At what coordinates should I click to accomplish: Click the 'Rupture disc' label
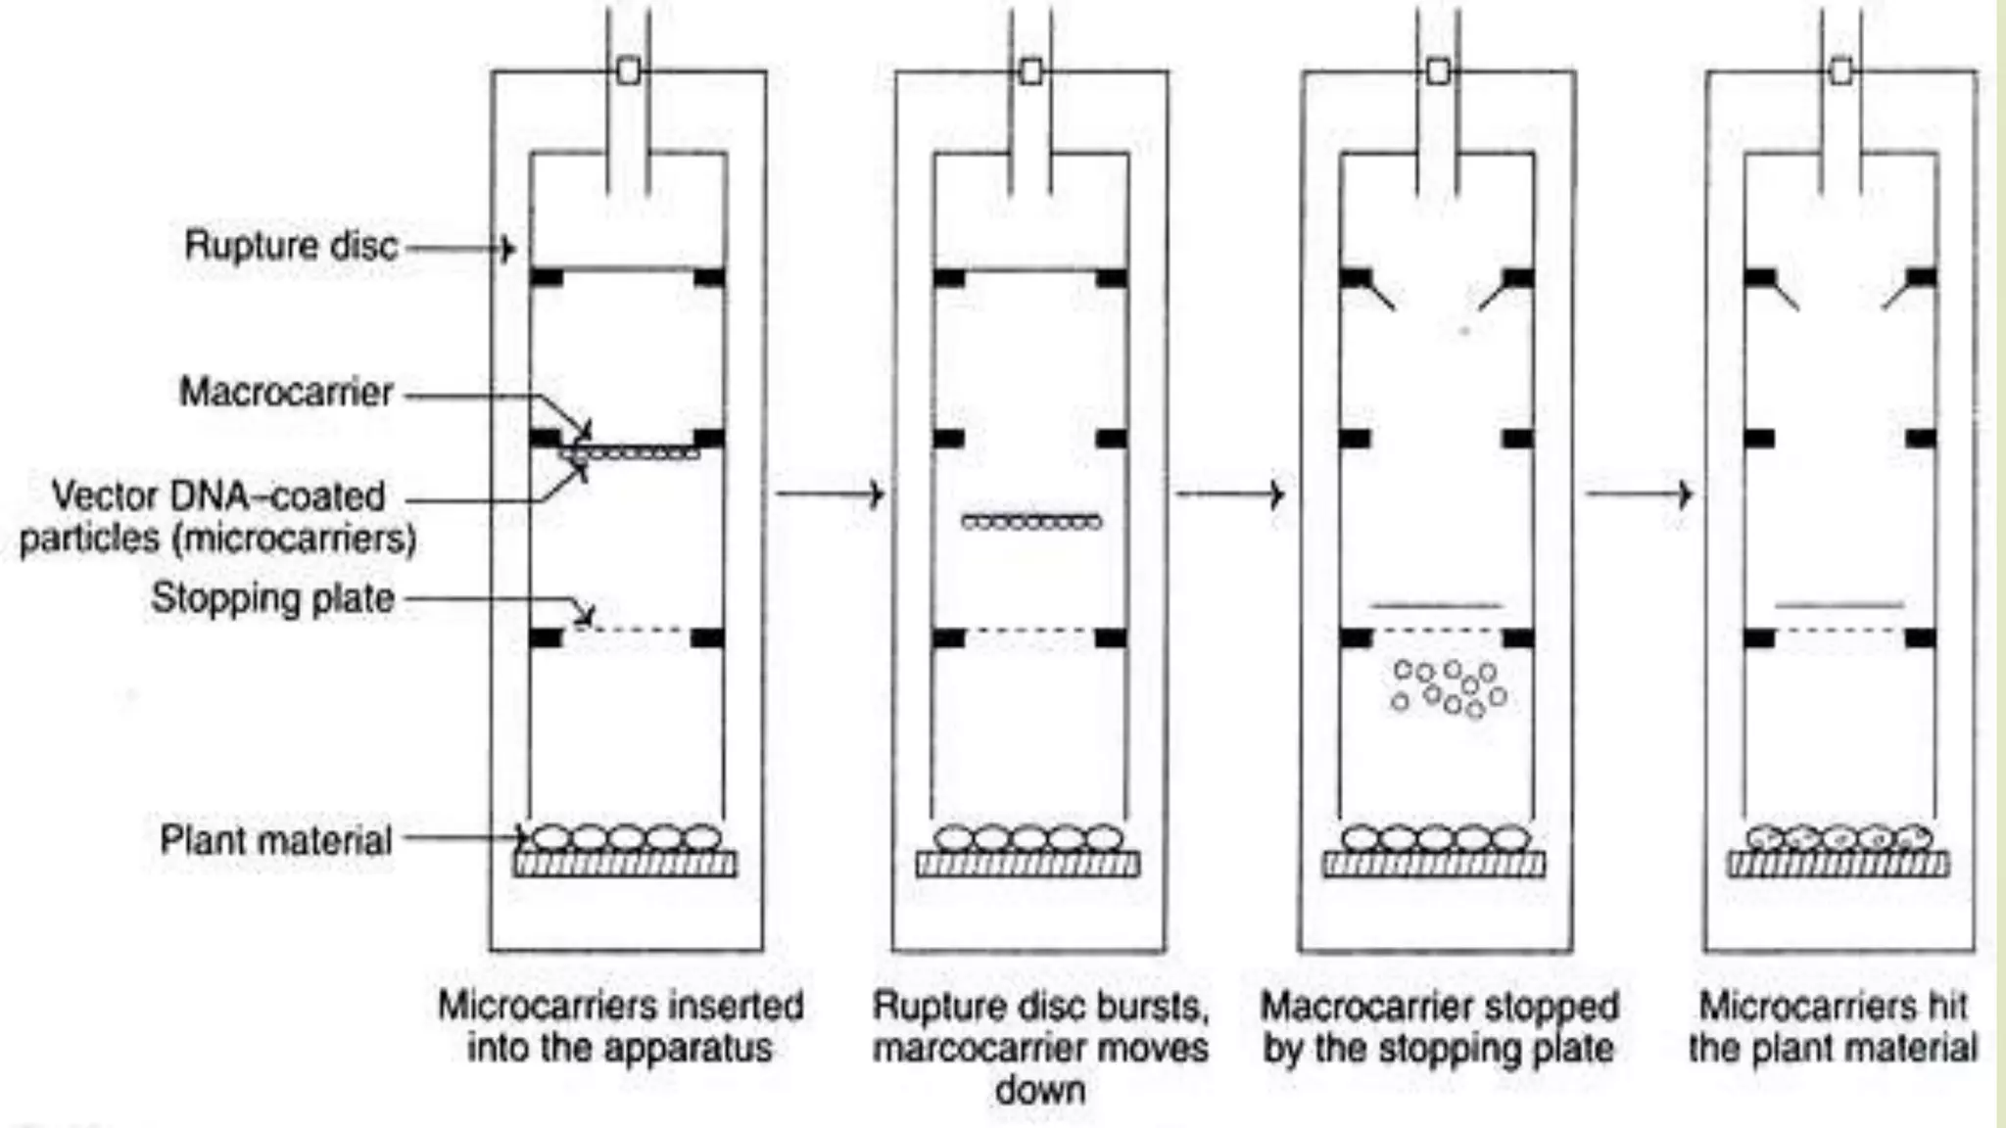coord(291,245)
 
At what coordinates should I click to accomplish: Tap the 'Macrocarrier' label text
coord(285,393)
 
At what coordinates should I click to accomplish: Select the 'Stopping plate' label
coord(272,598)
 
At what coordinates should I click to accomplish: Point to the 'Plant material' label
coord(275,840)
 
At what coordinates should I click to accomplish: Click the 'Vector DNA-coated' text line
coord(217,496)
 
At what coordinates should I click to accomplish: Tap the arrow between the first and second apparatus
coord(830,493)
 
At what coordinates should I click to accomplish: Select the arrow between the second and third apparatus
coord(1230,494)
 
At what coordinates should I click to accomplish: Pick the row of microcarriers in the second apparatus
coord(1031,522)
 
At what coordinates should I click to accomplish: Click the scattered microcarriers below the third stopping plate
coord(1448,686)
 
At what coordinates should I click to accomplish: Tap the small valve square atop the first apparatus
coord(629,70)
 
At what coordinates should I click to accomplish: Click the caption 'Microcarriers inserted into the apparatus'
coord(620,1026)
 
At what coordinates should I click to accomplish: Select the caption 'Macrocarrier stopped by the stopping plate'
coord(1439,1026)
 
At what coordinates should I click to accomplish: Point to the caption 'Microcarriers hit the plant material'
coord(1833,1026)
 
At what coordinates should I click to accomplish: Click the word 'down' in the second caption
coord(1040,1089)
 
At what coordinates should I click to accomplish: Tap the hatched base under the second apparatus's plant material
coord(1027,864)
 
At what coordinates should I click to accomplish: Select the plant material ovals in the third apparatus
coord(1435,838)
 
